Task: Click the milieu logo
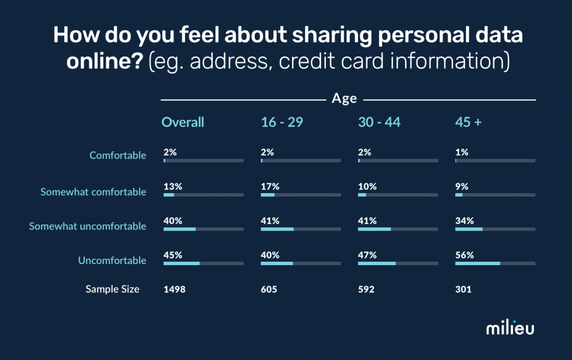point(509,328)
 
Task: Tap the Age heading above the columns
point(344,99)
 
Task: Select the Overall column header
point(183,122)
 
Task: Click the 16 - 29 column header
point(282,122)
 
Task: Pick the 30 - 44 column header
point(379,122)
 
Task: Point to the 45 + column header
point(468,122)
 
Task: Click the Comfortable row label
point(118,155)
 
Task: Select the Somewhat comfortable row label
point(93,192)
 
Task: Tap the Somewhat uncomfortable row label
point(88,226)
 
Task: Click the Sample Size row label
point(112,289)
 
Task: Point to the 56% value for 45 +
point(464,255)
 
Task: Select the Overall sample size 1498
point(174,289)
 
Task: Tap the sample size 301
point(463,289)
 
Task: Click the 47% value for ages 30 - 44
point(367,255)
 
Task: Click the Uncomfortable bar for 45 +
point(495,263)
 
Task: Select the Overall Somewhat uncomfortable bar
point(203,229)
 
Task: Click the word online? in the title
point(105,61)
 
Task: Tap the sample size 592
point(366,289)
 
